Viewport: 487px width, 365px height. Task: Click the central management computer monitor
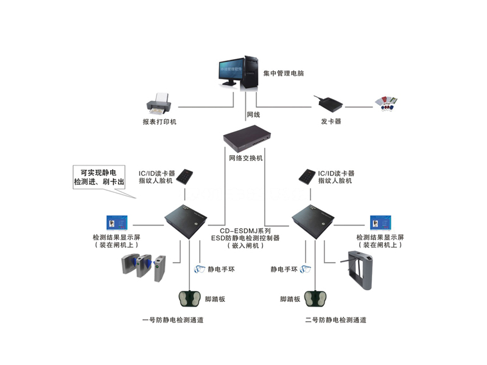(230, 72)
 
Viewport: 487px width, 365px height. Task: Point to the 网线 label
(253, 114)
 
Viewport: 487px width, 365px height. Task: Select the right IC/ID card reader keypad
(307, 176)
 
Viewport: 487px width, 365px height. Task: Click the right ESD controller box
(314, 221)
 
